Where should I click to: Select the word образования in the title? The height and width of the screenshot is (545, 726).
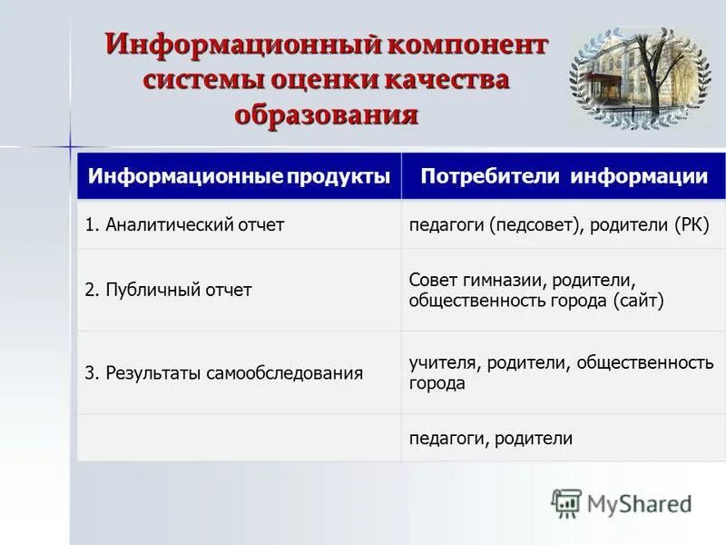[326, 114]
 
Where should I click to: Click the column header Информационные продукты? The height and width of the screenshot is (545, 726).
[239, 176]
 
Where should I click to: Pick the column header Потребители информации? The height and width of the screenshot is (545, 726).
[564, 176]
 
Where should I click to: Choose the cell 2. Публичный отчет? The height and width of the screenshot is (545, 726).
[168, 290]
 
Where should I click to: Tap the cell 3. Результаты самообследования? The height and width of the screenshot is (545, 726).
[224, 372]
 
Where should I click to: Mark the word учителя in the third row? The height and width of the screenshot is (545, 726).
[443, 363]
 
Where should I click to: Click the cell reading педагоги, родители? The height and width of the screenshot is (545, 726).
[490, 438]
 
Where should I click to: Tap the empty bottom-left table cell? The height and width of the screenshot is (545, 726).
[239, 438]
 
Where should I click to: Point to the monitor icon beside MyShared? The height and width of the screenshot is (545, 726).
[566, 502]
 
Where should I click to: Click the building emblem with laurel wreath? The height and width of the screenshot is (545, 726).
[640, 77]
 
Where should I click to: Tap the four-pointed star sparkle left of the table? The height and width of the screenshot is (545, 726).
[69, 146]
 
